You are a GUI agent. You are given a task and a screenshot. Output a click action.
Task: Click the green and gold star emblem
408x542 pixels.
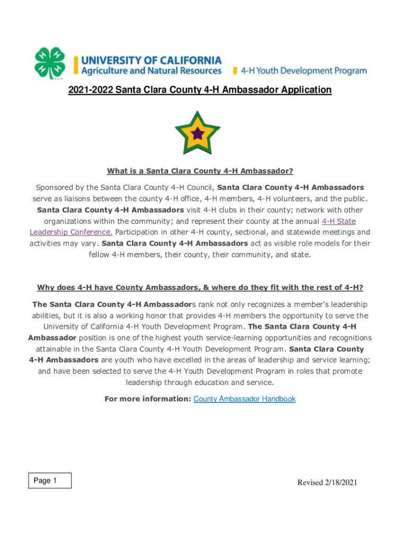pos(198,133)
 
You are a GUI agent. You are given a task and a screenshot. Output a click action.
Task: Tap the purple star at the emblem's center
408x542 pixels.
pos(198,133)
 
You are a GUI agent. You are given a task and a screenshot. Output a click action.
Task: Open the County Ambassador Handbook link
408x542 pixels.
pos(244,399)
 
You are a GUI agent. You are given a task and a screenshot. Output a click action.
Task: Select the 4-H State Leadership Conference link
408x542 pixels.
pos(339,221)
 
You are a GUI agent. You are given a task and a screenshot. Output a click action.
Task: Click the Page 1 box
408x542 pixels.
pos(50,481)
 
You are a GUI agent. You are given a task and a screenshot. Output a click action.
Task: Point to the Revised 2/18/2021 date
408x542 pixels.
pos(327,482)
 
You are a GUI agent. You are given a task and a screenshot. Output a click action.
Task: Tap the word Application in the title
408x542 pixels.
pos(301,90)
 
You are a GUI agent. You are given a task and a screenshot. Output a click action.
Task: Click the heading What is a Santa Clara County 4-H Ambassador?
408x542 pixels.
pos(200,171)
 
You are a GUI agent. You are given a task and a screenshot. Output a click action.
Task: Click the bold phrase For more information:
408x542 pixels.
pos(148,399)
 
